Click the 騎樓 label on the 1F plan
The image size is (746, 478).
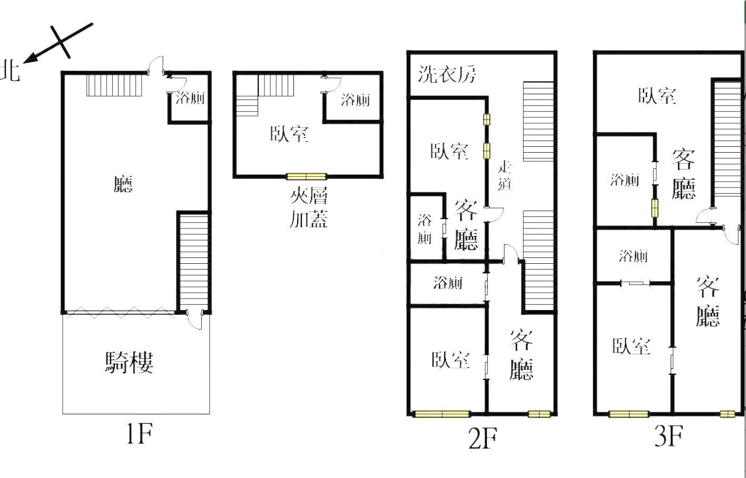[129, 362]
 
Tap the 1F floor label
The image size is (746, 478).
[140, 433]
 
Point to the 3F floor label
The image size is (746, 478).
[669, 435]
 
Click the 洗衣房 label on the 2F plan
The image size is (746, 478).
[447, 74]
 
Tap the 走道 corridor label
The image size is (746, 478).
[505, 175]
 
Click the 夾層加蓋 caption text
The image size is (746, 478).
[309, 207]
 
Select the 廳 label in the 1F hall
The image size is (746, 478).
[123, 184]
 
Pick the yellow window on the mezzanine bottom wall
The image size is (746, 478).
[307, 176]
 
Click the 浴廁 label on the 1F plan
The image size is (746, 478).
[190, 98]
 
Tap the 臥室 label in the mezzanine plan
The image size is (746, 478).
[289, 134]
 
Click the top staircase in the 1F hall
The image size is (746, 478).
[114, 86]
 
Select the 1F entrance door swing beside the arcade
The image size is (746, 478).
[195, 320]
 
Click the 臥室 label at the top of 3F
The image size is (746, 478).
[657, 96]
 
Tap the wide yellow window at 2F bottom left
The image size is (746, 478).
[441, 414]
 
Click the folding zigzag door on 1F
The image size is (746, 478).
[120, 313]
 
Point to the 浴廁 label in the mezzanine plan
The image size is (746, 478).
[355, 100]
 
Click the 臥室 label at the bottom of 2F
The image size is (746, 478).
[450, 360]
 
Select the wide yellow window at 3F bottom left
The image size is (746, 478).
[629, 414]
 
